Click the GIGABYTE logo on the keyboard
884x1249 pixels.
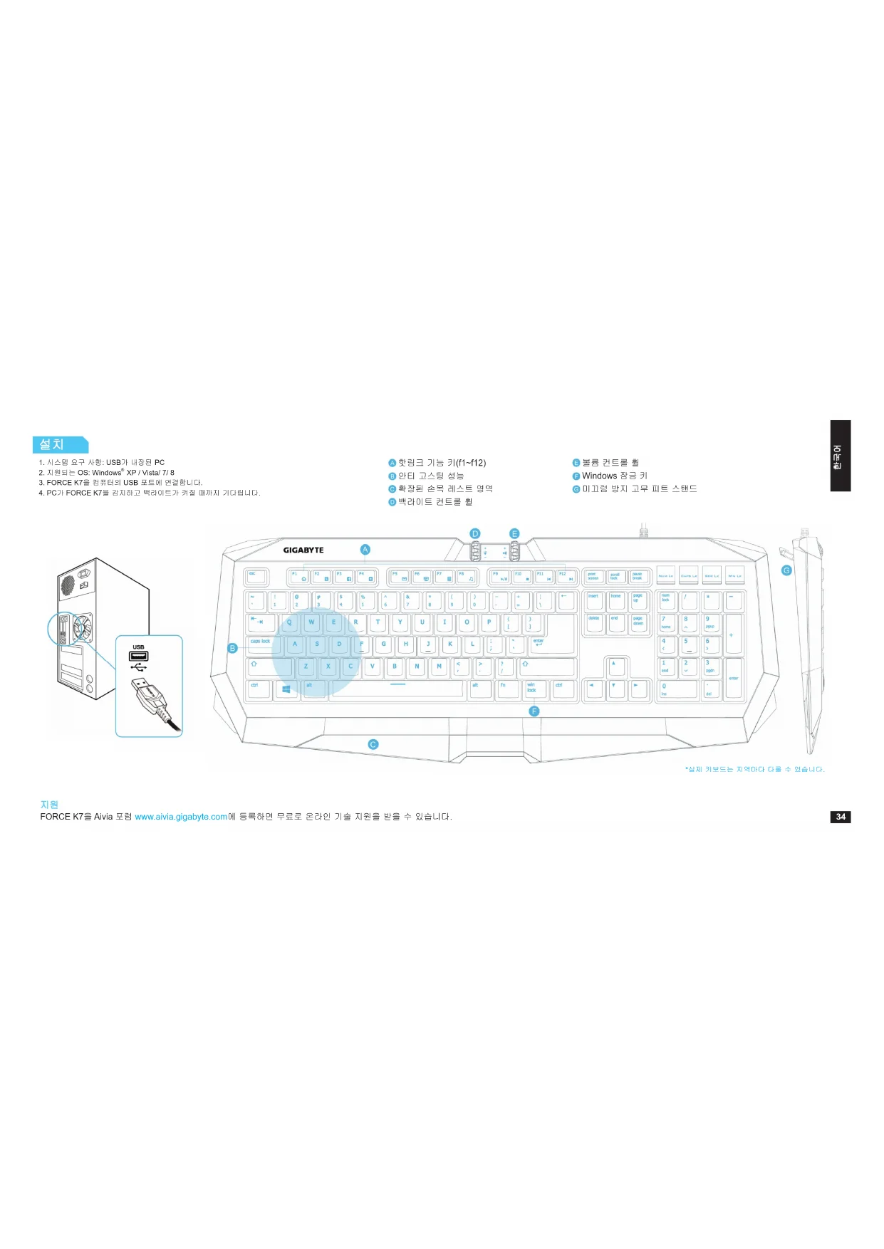click(x=303, y=550)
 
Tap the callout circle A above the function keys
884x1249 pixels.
click(x=365, y=550)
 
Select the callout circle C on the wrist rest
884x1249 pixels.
click(x=373, y=745)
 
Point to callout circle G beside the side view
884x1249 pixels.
click(x=786, y=570)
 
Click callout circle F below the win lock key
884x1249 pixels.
click(x=534, y=711)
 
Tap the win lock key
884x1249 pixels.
click(x=534, y=689)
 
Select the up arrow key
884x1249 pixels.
click(x=615, y=667)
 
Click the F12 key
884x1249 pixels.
click(x=566, y=576)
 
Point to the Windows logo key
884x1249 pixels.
click(x=286, y=689)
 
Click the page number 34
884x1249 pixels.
click(x=841, y=817)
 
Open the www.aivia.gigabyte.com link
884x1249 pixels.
click(x=181, y=817)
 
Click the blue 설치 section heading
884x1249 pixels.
click(x=59, y=444)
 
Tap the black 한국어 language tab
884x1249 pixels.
click(x=840, y=456)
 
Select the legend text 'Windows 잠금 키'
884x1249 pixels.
click(x=614, y=476)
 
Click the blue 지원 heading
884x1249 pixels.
click(x=49, y=805)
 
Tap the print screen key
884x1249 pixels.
click(x=594, y=576)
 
